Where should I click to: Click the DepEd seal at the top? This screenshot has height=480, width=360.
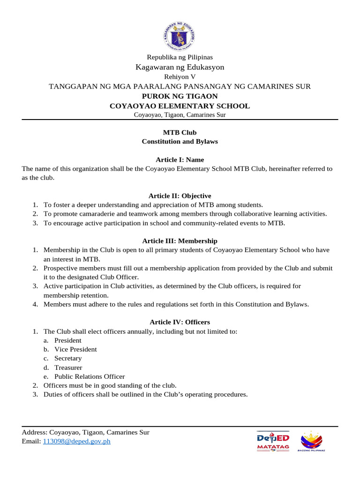pyautogui.click(x=180, y=35)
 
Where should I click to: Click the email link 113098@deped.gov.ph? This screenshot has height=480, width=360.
pyautogui.click(x=76, y=441)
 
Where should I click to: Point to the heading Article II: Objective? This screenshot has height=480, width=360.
pyautogui.click(x=180, y=195)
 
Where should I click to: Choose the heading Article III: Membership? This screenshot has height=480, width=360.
pyautogui.click(x=180, y=240)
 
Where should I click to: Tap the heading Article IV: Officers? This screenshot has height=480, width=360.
pyautogui.click(x=180, y=322)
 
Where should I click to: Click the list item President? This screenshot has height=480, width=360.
pyautogui.click(x=67, y=340)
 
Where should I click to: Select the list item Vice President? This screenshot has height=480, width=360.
pyautogui.click(x=75, y=349)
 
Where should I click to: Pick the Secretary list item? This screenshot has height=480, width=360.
pyautogui.click(x=67, y=358)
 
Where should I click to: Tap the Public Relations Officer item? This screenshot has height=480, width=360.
pyautogui.click(x=90, y=376)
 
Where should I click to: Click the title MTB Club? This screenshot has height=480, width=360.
pyautogui.click(x=180, y=132)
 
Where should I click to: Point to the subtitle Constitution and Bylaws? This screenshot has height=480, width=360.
pyautogui.click(x=180, y=141)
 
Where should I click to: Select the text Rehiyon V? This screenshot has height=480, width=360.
pyautogui.click(x=180, y=76)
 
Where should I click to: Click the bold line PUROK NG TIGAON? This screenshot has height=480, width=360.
pyautogui.click(x=180, y=96)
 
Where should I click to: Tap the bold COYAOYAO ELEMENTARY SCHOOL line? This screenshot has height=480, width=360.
pyautogui.click(x=180, y=106)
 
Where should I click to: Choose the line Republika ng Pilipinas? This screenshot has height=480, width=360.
pyautogui.click(x=180, y=57)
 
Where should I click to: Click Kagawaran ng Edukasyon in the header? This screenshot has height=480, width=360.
pyautogui.click(x=180, y=67)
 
